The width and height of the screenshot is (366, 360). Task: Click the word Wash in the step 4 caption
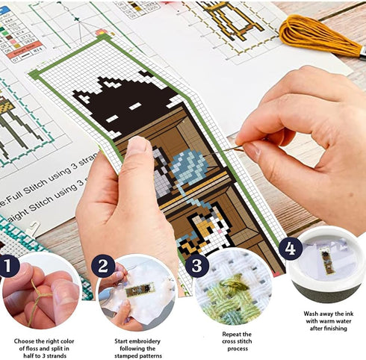[x=312, y=314]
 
